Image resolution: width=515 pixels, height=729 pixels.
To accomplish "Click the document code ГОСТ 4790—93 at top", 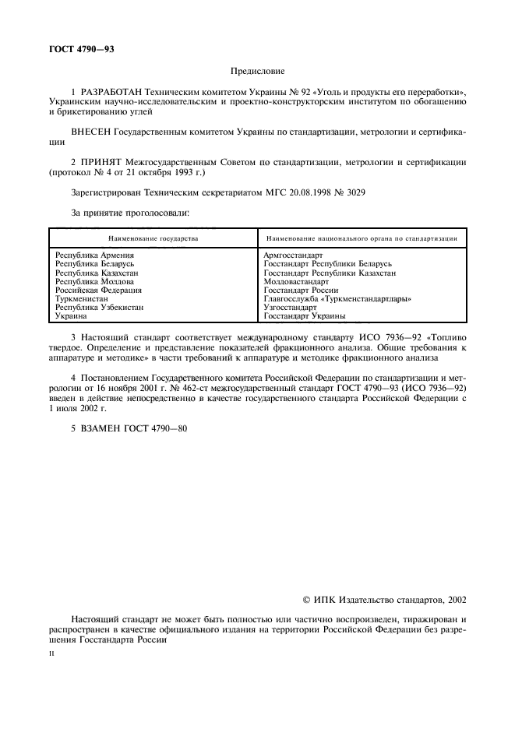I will (x=82, y=48).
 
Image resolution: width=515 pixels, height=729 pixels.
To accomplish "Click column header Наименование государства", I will (x=153, y=238).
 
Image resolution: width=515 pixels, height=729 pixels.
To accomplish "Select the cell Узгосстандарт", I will (x=291, y=308).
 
